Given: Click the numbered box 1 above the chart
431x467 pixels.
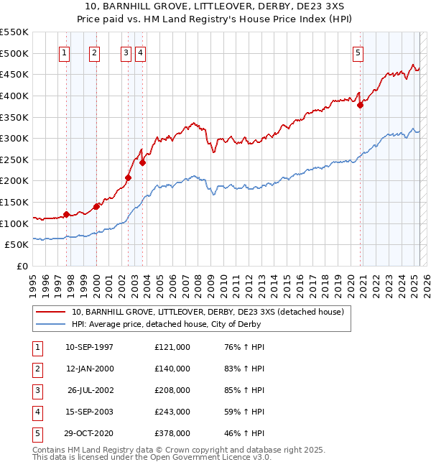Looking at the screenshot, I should coord(65,52).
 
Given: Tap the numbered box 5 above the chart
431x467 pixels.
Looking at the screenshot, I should coord(358,52).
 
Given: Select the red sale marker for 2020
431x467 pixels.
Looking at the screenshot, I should coord(361,105).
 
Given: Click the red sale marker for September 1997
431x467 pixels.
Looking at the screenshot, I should coord(66,214).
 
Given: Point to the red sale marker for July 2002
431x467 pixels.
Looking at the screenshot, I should coord(128,177).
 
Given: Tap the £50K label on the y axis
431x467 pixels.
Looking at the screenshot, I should coord(17,245).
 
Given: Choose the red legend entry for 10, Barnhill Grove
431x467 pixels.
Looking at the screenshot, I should coord(208,312).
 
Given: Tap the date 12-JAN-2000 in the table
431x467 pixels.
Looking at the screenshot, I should coord(89,369).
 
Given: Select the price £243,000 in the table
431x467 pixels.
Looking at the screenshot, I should coord(172,412).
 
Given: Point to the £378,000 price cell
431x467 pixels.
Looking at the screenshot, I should coord(172,433).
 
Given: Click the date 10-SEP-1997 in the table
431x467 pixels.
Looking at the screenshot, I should coord(89,347).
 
